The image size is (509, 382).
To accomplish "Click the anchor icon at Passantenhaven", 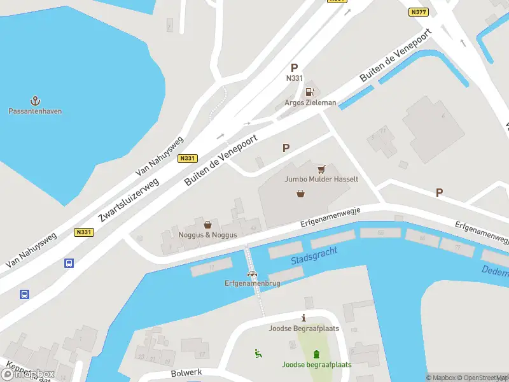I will pos(36,101).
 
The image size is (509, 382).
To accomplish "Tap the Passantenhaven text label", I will pos(36,111).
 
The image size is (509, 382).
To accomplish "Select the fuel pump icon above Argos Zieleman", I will pos(310,92).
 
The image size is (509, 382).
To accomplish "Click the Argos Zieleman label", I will pos(310,103).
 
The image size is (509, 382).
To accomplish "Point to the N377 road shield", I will pos(418,12).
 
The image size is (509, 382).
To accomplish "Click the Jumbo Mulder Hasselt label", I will pos(321,180).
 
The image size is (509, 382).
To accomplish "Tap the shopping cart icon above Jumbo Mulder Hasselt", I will pos(321,169).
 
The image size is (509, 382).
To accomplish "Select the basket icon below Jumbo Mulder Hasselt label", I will pos(300,194).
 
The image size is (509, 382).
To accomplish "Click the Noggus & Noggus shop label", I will pos(207,235).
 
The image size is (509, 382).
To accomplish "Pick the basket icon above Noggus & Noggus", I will pos(207,225).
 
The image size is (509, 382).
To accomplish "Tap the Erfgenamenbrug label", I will pos(252,283).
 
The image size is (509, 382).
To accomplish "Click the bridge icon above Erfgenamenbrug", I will pos(253,274).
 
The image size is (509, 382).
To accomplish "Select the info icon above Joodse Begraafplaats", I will pos(303,318).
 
